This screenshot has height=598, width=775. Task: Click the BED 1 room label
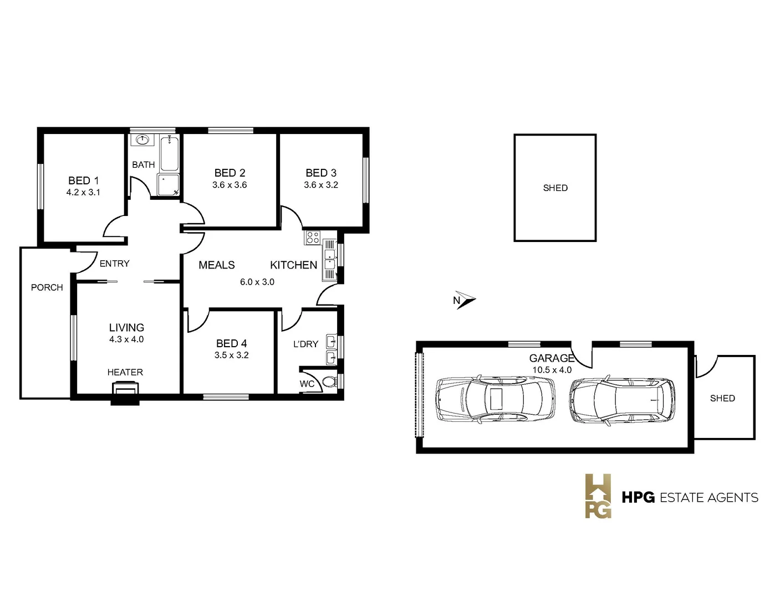(x=83, y=181)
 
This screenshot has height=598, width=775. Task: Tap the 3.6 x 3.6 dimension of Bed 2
(x=230, y=185)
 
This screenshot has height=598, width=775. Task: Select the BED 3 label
(x=321, y=173)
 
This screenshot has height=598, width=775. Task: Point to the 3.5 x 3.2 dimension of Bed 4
(x=232, y=355)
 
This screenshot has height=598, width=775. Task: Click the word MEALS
(x=217, y=265)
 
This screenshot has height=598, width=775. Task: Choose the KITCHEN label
(x=293, y=265)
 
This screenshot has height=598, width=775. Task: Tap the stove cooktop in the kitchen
(x=313, y=238)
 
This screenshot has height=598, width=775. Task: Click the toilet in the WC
(x=329, y=382)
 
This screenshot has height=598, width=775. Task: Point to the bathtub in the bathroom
(x=169, y=153)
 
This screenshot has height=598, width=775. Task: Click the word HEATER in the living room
(x=125, y=373)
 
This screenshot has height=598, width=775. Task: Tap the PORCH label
(x=47, y=287)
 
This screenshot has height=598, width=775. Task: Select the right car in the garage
(x=622, y=400)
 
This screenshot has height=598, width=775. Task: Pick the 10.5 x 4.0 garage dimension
(x=552, y=370)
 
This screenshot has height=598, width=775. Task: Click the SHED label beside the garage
(x=722, y=398)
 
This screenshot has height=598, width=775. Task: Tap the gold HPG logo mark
(x=598, y=496)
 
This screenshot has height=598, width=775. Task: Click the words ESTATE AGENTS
(x=709, y=498)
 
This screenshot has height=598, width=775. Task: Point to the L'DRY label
(x=305, y=344)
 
